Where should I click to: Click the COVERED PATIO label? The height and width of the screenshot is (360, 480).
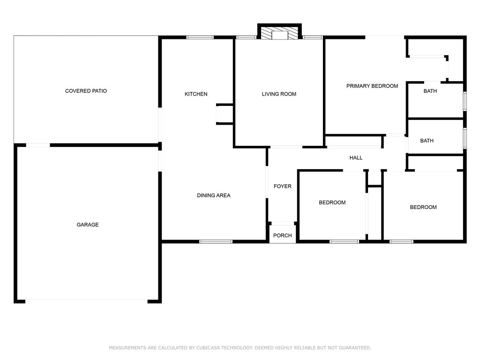86,91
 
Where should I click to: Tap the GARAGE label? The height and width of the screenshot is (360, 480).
88,225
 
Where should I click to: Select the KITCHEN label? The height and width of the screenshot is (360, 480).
196,94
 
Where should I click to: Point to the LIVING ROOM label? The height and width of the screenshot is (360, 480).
279,94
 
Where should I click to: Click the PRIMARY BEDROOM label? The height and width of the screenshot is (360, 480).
372,86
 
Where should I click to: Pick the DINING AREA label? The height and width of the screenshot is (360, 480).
214,195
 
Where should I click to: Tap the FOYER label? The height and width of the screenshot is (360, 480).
283,186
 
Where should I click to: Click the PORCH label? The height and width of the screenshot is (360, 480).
283,235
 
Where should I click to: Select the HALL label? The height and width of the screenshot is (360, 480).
356,157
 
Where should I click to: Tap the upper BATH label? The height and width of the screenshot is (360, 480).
430,91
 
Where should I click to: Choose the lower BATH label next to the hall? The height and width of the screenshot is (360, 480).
427,141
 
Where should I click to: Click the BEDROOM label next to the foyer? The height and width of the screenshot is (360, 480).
332,202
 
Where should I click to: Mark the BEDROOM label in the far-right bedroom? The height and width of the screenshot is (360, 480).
423,207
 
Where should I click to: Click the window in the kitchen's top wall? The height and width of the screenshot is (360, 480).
200,37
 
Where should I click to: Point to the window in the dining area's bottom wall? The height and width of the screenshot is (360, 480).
216,241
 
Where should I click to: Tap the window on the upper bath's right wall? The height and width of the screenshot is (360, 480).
465,101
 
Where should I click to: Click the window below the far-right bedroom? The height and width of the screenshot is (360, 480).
401,241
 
